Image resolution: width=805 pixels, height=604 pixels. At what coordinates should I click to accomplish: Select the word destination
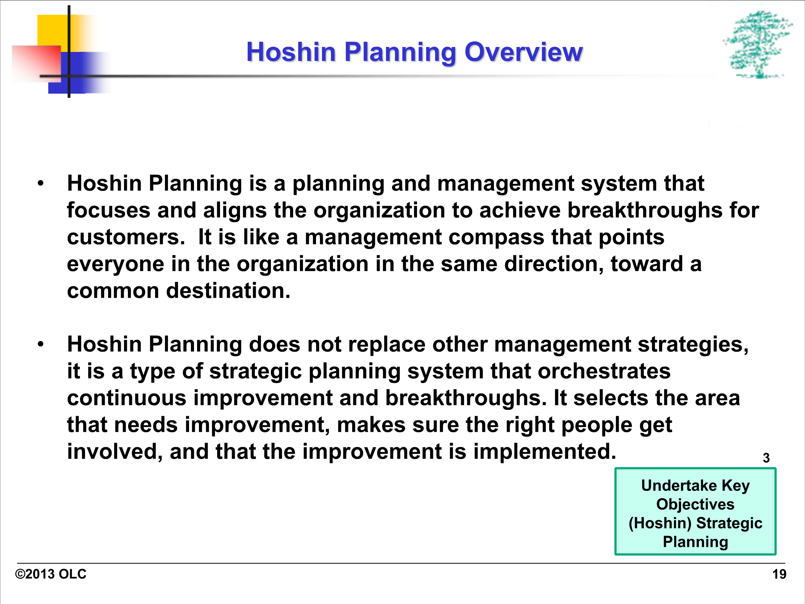pyautogui.click(x=228, y=291)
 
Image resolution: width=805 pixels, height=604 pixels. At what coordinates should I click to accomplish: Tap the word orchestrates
pyautogui.click(x=604, y=371)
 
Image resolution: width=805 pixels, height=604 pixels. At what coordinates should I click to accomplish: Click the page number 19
pyautogui.click(x=779, y=574)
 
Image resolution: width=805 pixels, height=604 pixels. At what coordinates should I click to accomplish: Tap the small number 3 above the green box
pyautogui.click(x=766, y=458)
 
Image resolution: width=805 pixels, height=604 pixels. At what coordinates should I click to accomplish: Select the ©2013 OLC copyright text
pyautogui.click(x=51, y=574)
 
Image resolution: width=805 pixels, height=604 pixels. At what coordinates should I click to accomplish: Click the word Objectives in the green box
pyautogui.click(x=695, y=504)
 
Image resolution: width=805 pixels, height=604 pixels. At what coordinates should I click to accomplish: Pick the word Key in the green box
pyautogui.click(x=736, y=486)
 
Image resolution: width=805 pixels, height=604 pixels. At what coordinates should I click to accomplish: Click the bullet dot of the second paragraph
pyautogui.click(x=40, y=344)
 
